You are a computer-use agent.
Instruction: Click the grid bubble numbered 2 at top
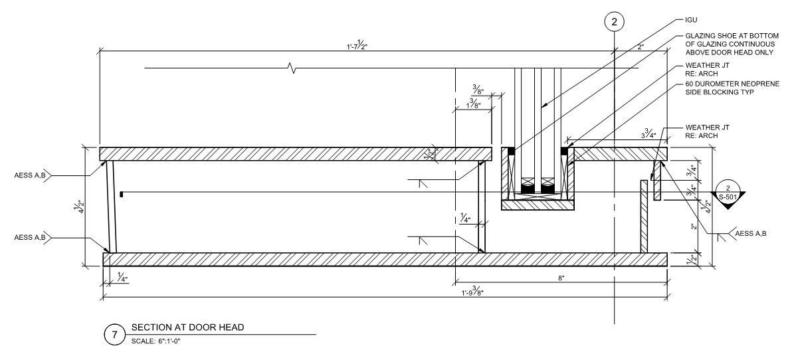[614, 22]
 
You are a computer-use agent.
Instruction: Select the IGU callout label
[691, 20]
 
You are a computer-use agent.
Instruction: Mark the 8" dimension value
[561, 278]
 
